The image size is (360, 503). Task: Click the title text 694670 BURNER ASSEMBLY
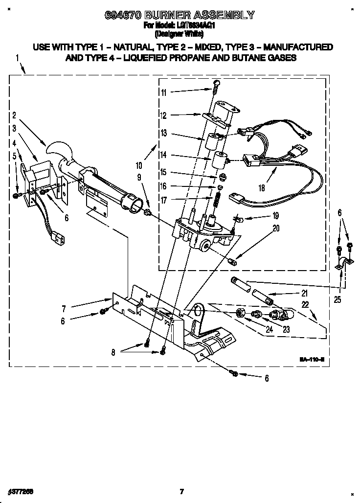coord(180,15)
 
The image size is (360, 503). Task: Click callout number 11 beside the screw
coord(163,92)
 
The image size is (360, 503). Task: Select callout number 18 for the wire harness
coord(262,187)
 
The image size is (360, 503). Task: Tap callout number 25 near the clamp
coord(338,299)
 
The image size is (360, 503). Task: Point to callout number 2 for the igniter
coord(14,115)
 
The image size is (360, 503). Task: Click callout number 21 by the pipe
coord(304,294)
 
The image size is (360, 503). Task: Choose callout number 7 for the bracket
coord(64,309)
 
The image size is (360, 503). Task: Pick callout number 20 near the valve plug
coord(276,228)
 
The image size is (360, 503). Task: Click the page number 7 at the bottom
coord(181,491)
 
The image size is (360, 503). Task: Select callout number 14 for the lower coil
coord(163,155)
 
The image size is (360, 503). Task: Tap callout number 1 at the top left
coord(17,58)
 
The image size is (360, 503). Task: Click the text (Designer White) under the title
coord(180,35)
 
